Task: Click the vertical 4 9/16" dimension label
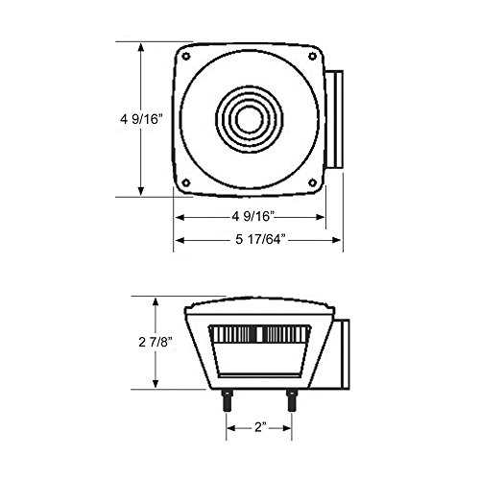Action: point(141,119)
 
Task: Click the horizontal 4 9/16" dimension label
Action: point(253,217)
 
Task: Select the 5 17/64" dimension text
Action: point(260,239)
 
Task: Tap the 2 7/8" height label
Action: point(156,342)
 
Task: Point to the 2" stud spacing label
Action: point(260,427)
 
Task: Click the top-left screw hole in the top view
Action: point(186,57)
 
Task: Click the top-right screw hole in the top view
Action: point(312,57)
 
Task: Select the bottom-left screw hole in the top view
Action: point(186,183)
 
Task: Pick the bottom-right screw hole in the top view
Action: point(312,182)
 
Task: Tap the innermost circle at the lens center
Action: point(250,119)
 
